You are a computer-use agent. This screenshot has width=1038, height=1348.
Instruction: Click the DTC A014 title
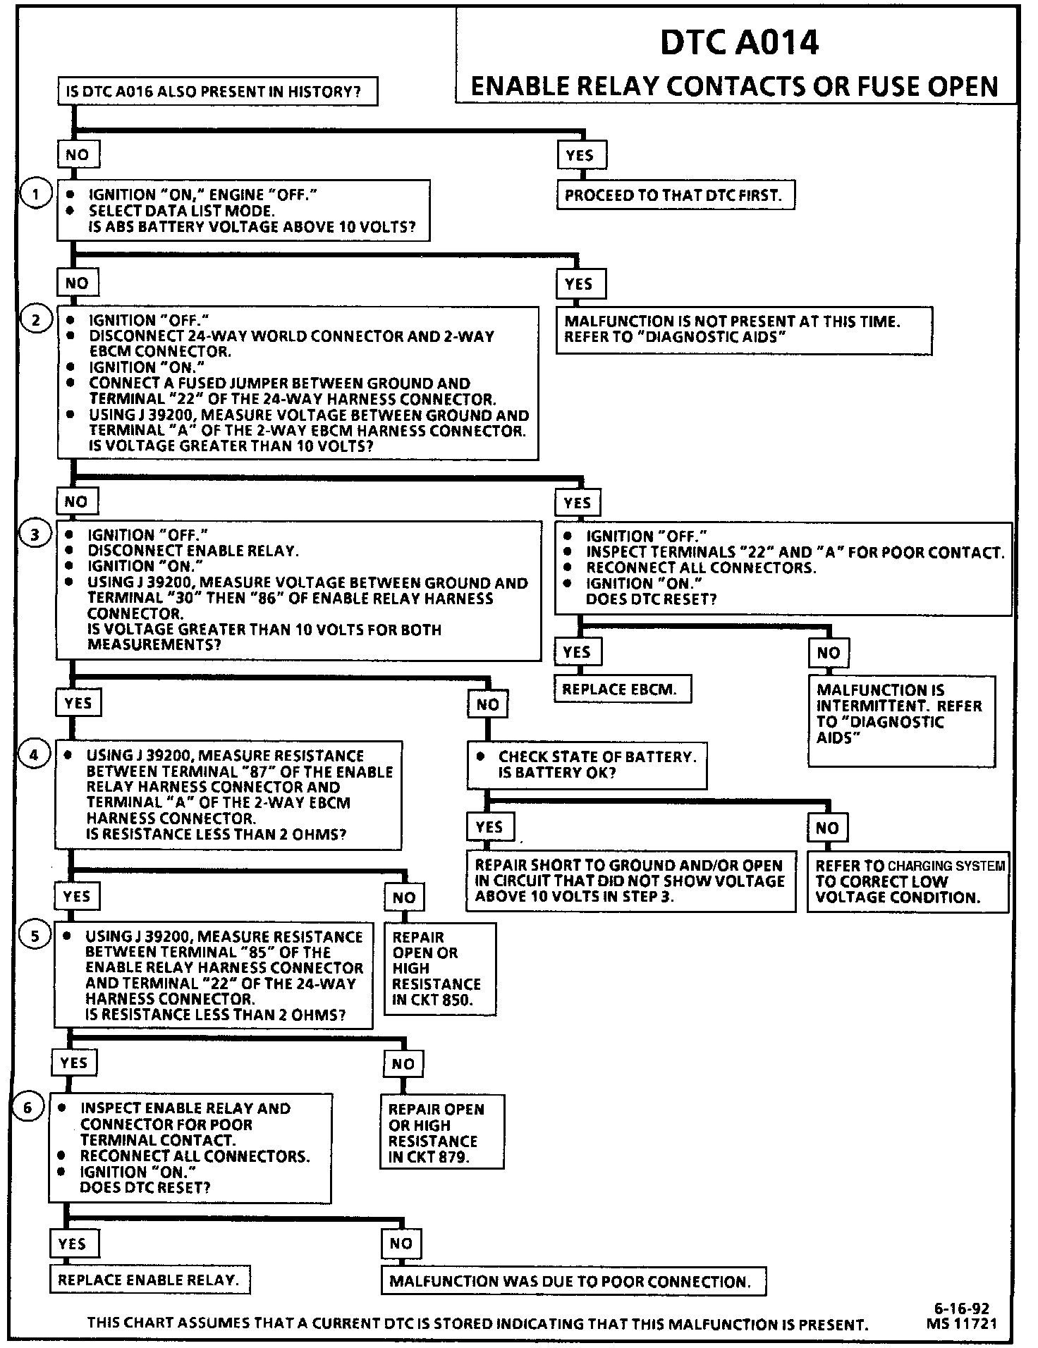point(739,43)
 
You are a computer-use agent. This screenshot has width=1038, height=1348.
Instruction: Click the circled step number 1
point(35,194)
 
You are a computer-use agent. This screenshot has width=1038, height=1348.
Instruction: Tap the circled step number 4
point(35,755)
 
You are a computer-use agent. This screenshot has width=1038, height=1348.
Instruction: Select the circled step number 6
point(28,1108)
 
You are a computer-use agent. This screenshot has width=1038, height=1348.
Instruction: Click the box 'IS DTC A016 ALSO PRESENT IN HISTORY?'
point(217,92)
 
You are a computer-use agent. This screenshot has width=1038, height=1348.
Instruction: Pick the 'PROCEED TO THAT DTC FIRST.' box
point(674,195)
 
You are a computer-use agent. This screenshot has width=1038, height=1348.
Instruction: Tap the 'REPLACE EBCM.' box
point(622,690)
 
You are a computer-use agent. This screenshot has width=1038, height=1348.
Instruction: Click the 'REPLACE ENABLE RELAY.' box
point(149,1280)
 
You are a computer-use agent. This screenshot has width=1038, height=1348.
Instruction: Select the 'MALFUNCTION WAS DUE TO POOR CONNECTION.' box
point(572,1281)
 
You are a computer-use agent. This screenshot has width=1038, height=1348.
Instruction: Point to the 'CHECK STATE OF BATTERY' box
point(586,765)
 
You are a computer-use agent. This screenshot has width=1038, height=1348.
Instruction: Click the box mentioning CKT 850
point(439,969)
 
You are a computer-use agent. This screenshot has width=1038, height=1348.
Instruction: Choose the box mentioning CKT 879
point(441,1132)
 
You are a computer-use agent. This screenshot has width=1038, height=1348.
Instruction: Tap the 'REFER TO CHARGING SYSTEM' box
point(908,881)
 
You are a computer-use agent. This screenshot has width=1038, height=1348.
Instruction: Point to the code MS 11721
point(963,1324)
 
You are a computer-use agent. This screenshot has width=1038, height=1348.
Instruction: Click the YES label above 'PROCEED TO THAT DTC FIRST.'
point(580,155)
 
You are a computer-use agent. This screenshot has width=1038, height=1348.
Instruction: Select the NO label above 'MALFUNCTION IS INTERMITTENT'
point(829,653)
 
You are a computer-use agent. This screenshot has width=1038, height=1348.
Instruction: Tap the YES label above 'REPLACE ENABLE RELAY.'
point(73,1243)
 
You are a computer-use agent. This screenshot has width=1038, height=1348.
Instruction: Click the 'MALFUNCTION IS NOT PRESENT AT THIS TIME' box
point(743,329)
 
